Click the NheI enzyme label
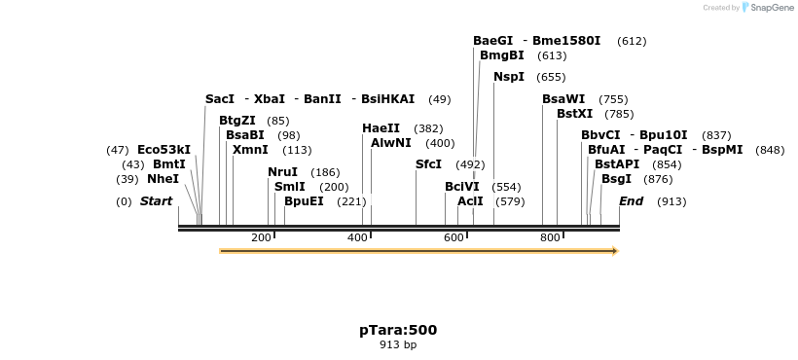point(163,179)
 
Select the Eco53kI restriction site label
point(163,150)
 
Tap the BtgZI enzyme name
point(237,121)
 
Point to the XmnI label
point(250,150)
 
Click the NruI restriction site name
point(282,172)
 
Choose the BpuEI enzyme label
point(304,201)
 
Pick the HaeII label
point(381,128)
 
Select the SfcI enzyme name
point(428,164)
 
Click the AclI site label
point(470,201)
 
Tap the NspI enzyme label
point(508,77)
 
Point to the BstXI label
point(574,114)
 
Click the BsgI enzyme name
point(616,179)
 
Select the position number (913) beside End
point(671,201)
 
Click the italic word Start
point(156,201)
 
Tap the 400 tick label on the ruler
point(358,237)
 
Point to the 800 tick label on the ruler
point(550,237)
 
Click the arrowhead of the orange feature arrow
point(614,251)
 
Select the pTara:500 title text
point(398,330)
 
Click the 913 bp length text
point(398,344)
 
